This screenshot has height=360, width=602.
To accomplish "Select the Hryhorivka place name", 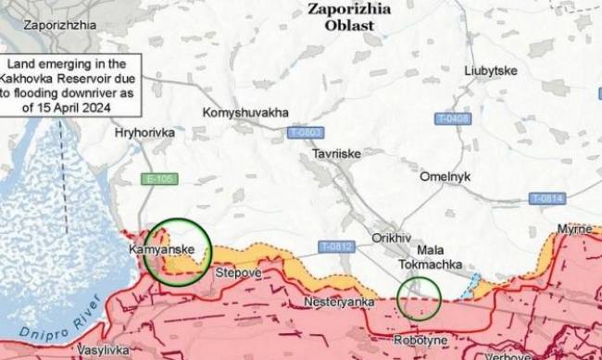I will pyautogui.click(x=144, y=133).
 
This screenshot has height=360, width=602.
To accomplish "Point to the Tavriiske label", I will pyautogui.click(x=336, y=153).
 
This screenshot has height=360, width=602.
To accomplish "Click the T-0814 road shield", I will pyautogui.click(x=547, y=199).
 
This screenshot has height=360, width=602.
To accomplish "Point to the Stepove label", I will pyautogui.click(x=239, y=274).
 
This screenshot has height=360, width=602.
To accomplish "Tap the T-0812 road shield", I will pyautogui.click(x=336, y=246).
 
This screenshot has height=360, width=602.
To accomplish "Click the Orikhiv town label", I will pyautogui.click(x=391, y=238).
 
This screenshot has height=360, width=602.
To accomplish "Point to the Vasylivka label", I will pyautogui.click(x=103, y=351).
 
